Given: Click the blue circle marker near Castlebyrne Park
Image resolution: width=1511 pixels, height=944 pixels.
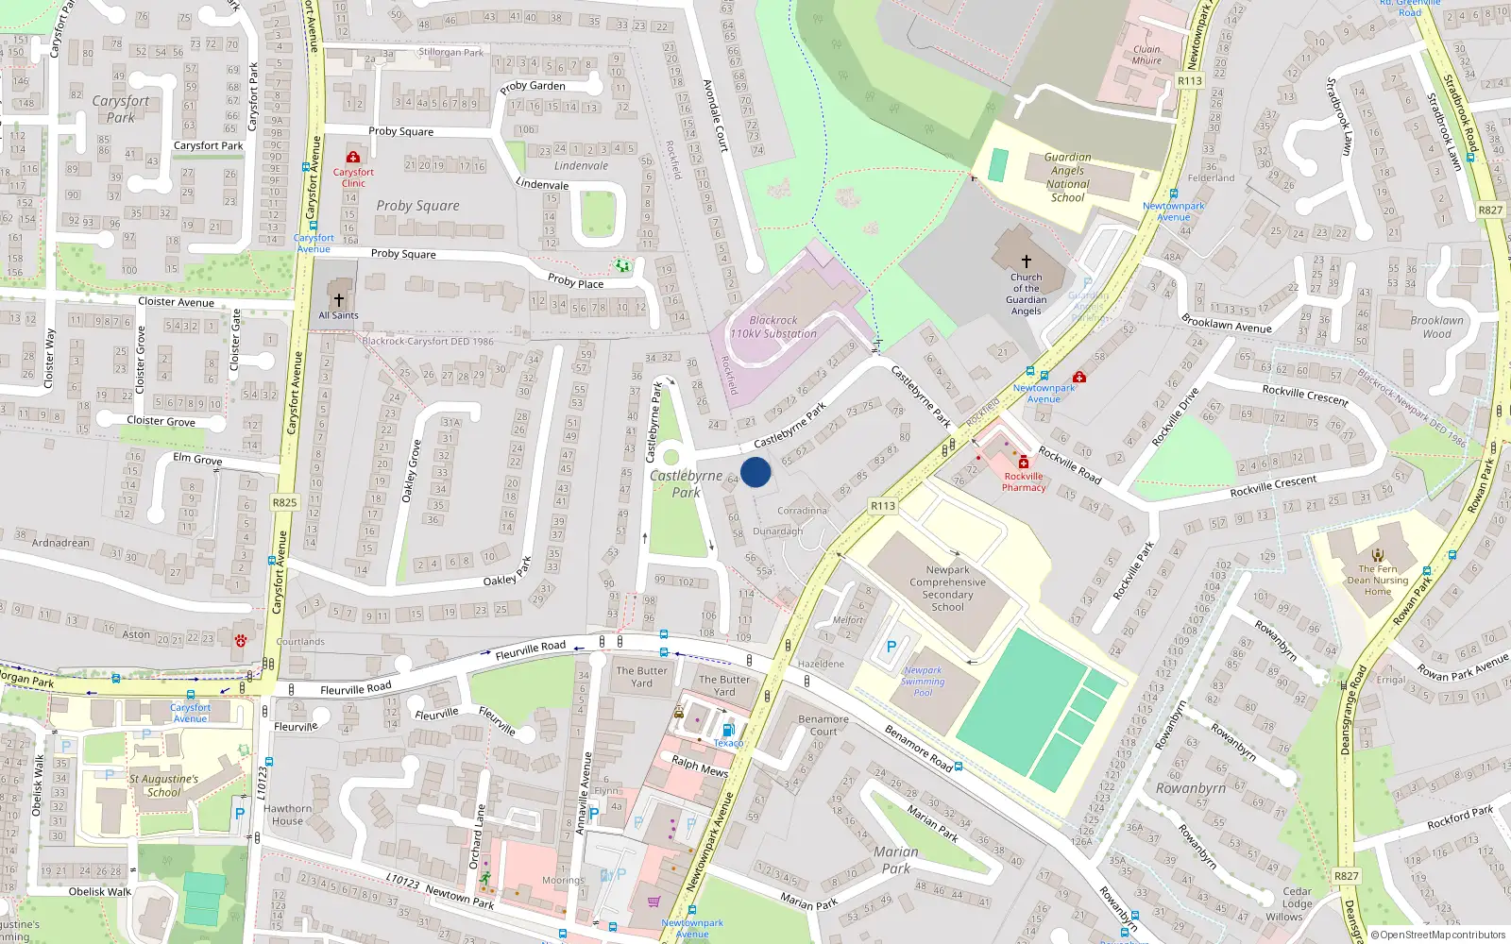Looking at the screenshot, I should coord(755,472).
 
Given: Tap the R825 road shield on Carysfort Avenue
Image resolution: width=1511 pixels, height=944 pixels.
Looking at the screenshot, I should coord(284,502).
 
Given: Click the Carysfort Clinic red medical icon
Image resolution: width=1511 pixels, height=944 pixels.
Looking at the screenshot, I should coord(353,157).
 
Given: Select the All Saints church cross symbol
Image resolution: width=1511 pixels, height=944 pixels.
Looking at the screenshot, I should coord(338,299).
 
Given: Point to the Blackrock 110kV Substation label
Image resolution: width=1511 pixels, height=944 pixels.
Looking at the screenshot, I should coord(773,327).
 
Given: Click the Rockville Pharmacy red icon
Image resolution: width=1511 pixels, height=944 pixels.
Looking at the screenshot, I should coord(1023,462).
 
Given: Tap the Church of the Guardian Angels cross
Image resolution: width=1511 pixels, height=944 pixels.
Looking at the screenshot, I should coord(1027,261).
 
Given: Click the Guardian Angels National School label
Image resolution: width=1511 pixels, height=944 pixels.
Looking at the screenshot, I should coord(1067,177).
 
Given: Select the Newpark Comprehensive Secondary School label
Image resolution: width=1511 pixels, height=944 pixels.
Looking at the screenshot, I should coord(947,588).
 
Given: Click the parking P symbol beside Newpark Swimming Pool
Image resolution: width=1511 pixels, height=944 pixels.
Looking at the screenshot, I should coord(891,648).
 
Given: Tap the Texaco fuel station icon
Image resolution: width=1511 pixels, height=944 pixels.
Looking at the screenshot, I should coord(727,730).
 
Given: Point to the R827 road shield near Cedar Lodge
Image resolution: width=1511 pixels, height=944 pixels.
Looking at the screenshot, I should coord(1346,876).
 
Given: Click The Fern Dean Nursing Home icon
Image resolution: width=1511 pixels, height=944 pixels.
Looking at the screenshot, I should coord(1378,555).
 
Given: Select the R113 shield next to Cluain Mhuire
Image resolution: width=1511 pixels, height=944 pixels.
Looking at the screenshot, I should coord(1190,80).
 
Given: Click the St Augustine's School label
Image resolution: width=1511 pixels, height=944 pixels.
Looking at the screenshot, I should coord(163,785).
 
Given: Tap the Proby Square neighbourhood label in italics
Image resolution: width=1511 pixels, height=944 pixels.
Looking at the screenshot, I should coord(417,206).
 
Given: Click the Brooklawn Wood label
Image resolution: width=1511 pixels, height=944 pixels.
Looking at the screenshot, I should coord(1436,327).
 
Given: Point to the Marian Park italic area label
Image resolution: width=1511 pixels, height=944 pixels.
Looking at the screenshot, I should coord(895,859).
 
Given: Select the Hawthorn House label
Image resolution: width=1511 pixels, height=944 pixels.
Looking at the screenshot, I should coord(287,815).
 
